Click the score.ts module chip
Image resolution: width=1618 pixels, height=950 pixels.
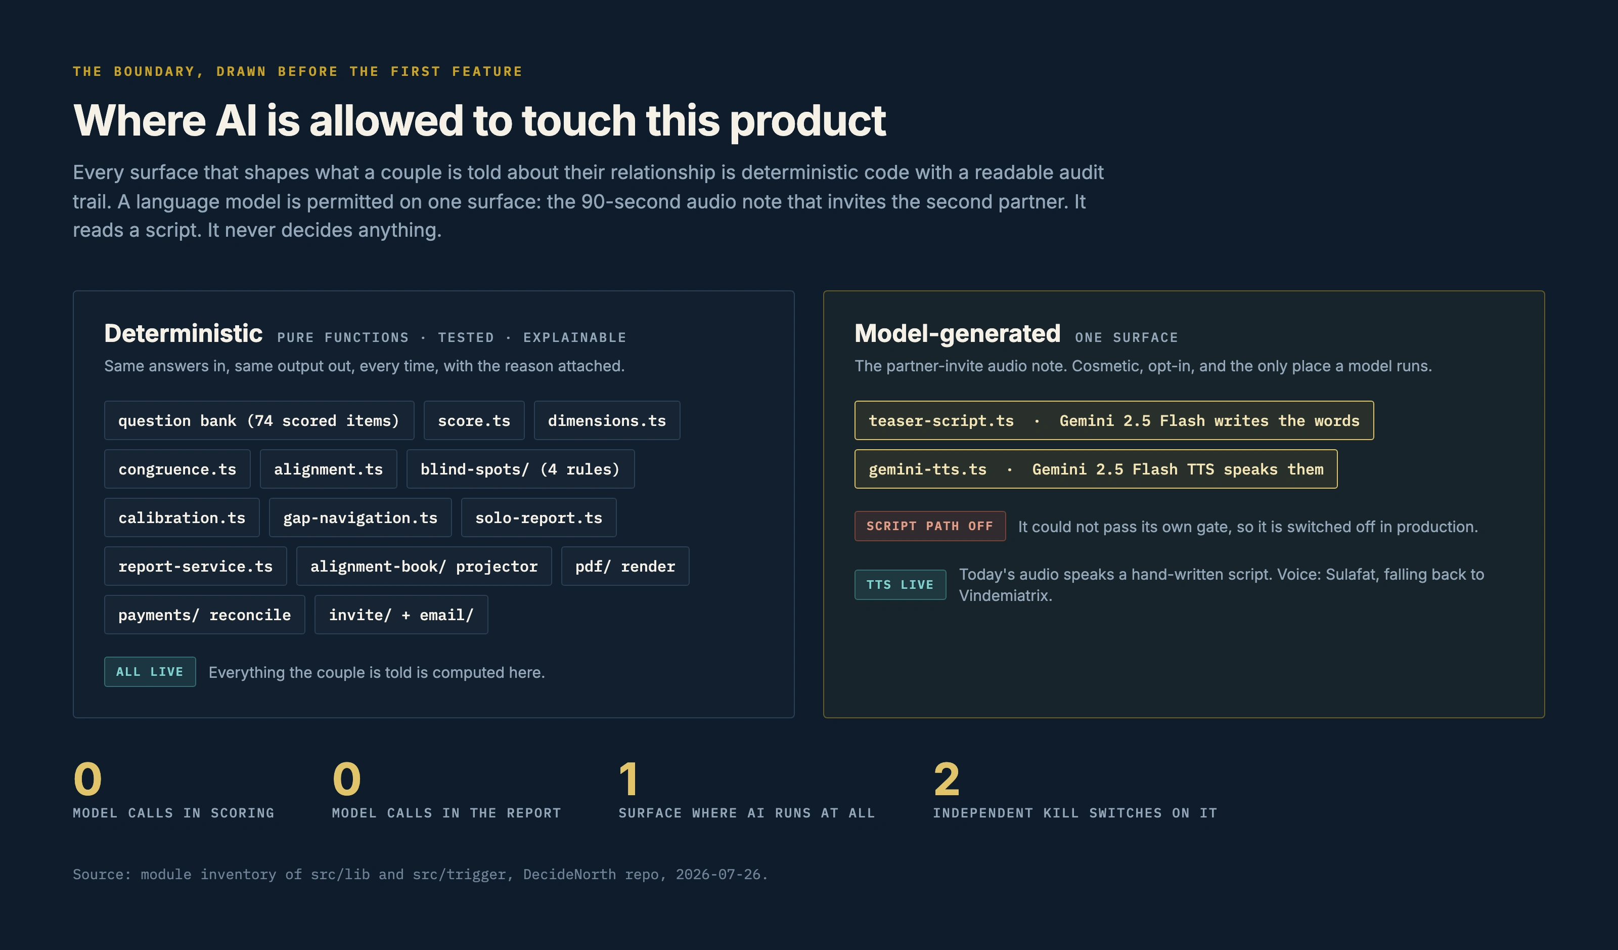pos(474,421)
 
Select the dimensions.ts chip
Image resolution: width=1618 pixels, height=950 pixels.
pos(607,421)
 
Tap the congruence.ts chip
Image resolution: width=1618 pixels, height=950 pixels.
pos(177,469)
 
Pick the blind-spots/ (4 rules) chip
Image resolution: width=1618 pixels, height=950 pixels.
pos(520,469)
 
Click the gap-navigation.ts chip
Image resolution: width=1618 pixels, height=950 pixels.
pos(360,517)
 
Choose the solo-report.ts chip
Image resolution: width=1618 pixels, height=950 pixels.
pos(538,517)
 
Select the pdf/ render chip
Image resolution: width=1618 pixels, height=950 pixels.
pos(625,566)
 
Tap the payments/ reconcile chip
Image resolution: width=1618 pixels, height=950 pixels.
pos(205,615)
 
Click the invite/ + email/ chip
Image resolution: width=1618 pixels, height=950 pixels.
pos(401,615)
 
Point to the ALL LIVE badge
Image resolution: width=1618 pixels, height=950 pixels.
pos(150,672)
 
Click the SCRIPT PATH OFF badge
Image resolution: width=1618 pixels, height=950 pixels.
pos(930,526)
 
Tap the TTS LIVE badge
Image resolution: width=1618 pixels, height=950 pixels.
pos(900,584)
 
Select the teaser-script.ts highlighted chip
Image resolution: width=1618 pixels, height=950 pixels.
pos(1114,421)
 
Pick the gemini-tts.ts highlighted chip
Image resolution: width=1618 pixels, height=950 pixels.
pos(1096,469)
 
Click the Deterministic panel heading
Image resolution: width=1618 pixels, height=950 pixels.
pos(184,333)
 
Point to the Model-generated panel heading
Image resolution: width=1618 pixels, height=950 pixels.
pos(957,333)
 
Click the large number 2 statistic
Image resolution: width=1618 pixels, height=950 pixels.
pos(947,779)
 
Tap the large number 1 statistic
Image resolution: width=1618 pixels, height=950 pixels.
pos(629,779)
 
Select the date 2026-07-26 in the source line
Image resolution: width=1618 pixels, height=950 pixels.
pos(718,874)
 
